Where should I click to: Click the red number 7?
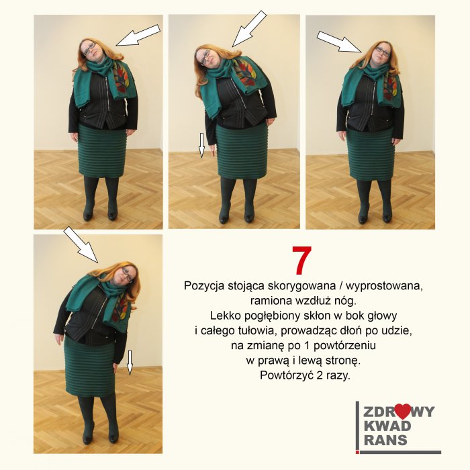302,261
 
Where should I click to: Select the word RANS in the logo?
385,440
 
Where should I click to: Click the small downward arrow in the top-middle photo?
201,145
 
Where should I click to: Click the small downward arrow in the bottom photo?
130,363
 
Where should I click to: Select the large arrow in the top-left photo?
138,36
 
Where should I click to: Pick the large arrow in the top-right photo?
338,42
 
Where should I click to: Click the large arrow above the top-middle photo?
249,28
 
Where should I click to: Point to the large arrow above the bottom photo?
81,244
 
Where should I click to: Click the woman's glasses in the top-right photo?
383,51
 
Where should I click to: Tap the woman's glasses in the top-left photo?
89,48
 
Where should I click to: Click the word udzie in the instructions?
395,330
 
